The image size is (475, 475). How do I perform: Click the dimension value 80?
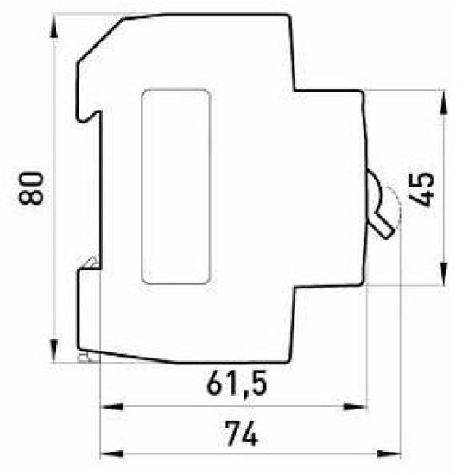(31, 188)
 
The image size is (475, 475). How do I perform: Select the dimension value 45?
(421, 190)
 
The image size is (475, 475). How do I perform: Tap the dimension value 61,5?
(237, 383)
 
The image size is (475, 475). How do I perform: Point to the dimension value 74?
(241, 434)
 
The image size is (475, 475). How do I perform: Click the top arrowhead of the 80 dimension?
(54, 27)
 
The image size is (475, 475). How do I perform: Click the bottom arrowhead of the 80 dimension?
(54, 351)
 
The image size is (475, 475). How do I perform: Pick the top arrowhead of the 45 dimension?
(444, 102)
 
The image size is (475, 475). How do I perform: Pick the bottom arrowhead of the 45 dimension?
(444, 274)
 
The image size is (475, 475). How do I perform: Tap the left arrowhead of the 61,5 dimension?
(112, 407)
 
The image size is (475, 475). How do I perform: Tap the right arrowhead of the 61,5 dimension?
(355, 407)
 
